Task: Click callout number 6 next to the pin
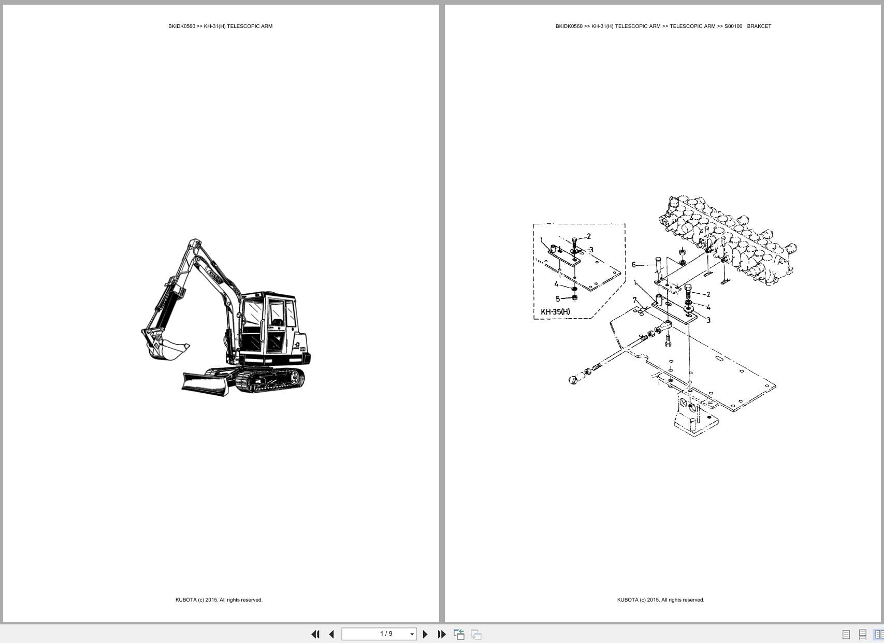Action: coord(633,265)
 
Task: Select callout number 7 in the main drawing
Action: coord(634,300)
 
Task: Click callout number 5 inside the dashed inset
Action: coord(558,298)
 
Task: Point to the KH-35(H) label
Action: coord(555,312)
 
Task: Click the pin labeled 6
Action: coord(658,265)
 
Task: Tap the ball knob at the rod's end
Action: coord(573,380)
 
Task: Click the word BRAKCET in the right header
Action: coord(759,26)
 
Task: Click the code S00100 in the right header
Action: coord(733,26)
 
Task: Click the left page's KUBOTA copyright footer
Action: coord(219,599)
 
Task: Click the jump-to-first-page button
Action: coord(315,634)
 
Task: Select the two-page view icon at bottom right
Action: coord(878,634)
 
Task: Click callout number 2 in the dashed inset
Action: coord(588,236)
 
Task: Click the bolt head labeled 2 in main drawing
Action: coord(688,288)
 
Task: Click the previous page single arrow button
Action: coord(331,634)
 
